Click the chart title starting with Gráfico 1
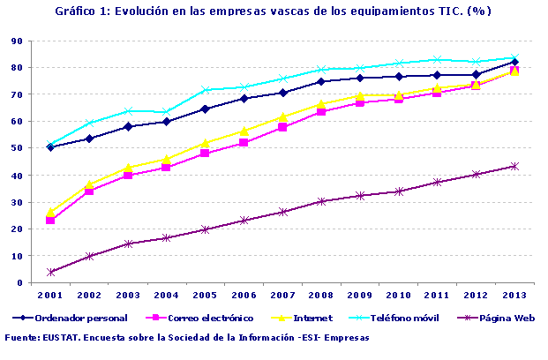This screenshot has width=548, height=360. point(273,11)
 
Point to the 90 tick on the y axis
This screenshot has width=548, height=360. point(16,41)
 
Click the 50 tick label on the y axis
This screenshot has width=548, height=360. point(16,148)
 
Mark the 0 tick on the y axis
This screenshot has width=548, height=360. point(19,283)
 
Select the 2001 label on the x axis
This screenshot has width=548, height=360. point(51,294)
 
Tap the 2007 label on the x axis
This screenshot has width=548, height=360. point(282,294)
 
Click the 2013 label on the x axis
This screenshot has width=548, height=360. point(514,294)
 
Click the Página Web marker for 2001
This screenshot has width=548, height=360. point(51,272)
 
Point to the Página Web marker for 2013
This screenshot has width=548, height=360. point(514,166)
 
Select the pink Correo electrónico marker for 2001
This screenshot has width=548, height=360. point(51,220)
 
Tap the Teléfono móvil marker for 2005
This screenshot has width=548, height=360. point(206,90)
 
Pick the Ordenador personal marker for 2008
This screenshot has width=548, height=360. point(321,81)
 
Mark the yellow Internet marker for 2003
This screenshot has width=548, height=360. point(128,167)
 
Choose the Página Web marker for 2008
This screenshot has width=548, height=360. point(321,201)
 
